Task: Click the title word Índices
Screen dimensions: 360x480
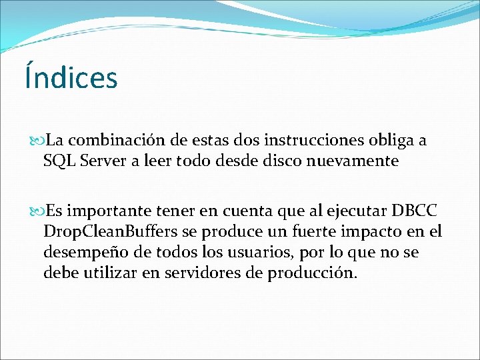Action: [71, 77]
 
